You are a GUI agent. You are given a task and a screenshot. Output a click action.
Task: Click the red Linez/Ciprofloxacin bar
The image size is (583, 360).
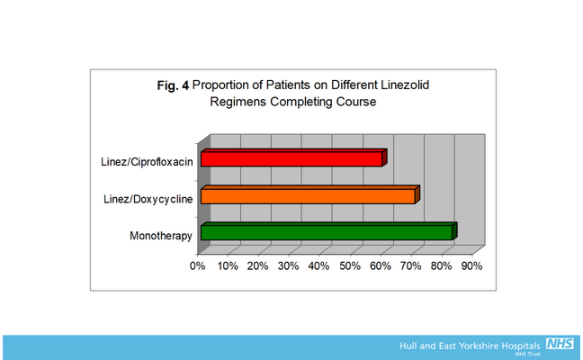pos(291,159)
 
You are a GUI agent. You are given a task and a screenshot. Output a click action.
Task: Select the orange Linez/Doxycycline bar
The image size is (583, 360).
pos(308,196)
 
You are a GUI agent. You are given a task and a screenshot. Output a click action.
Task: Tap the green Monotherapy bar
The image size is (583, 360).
pos(326,233)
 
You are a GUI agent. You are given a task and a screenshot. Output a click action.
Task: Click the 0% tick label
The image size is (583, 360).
pos(198,266)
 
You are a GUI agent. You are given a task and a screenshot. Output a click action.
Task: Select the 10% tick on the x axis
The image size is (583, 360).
pos(228,266)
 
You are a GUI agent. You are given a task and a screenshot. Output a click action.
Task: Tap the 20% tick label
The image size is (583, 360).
pos(258,266)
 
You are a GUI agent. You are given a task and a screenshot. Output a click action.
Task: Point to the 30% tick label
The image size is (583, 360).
pos(289,266)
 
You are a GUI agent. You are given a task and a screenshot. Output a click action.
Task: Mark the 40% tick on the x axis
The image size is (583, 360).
pos(319,266)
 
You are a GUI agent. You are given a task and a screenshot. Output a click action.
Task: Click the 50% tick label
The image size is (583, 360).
pos(350,266)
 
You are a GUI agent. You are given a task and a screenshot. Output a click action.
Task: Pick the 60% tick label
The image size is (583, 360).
pos(381,266)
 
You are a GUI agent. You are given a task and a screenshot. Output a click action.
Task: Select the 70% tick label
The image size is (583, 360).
pos(411,266)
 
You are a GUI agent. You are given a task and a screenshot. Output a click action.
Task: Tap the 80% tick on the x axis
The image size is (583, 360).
pos(442,266)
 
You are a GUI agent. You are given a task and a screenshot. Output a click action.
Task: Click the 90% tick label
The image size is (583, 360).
pos(472,266)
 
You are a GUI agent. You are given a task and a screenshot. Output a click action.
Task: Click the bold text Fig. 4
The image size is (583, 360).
pos(173,85)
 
